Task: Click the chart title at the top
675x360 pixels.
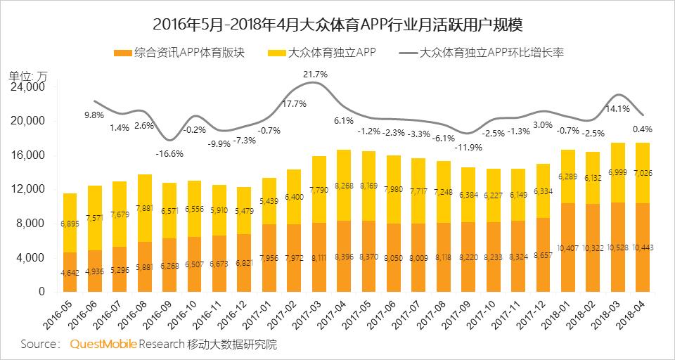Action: (x=337, y=24)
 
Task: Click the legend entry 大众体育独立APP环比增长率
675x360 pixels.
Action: (x=492, y=53)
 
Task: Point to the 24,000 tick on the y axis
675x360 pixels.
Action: (x=29, y=87)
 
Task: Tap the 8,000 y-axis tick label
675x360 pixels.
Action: (x=32, y=224)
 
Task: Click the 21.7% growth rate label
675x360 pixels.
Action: (x=315, y=74)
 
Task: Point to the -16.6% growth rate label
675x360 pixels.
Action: (x=169, y=153)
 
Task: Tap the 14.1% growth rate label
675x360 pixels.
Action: (x=618, y=108)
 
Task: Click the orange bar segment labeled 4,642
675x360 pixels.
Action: (x=70, y=272)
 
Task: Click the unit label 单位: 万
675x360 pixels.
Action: (x=28, y=76)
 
